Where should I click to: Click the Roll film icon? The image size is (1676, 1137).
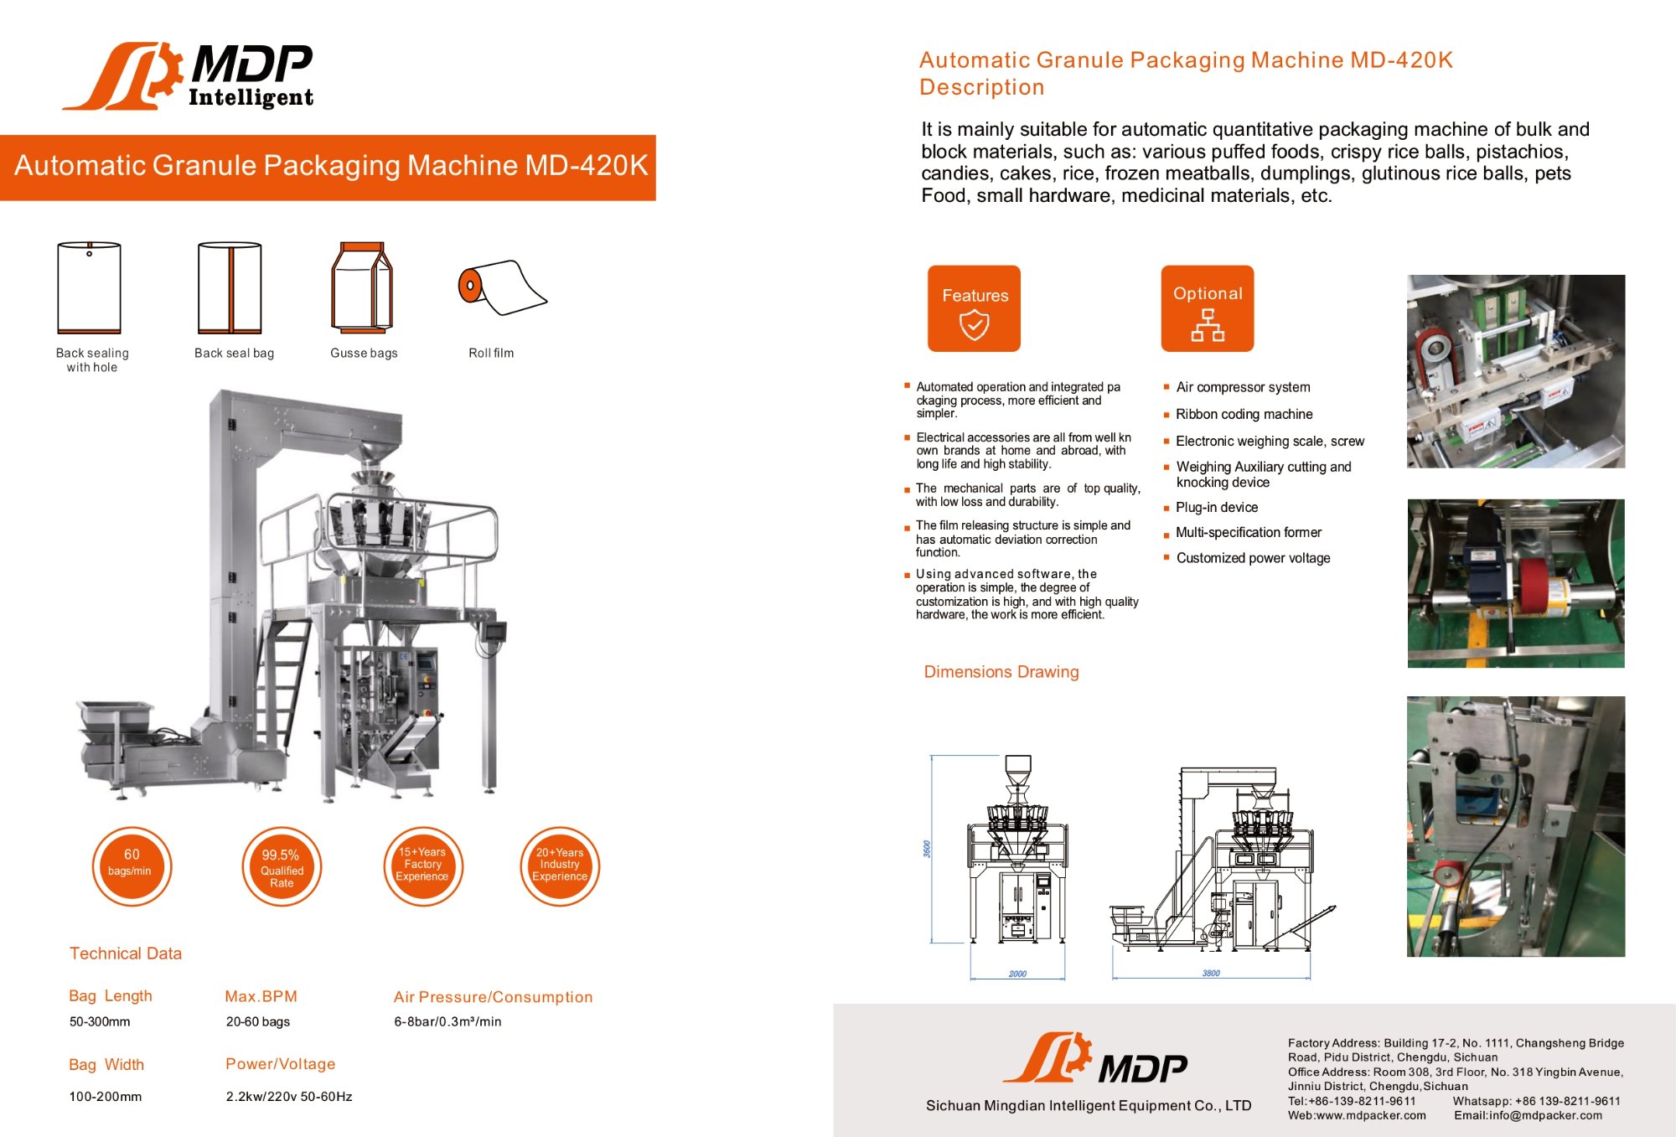coord(501,287)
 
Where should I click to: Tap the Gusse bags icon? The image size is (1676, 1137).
coord(362,287)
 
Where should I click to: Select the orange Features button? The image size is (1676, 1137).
coord(974,308)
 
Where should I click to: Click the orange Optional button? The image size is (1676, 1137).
coord(1207,308)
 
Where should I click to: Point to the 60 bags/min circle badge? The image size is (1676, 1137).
coord(132,866)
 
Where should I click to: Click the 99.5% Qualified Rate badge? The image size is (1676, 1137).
coord(282,867)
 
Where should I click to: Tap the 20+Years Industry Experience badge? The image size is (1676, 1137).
coord(560,866)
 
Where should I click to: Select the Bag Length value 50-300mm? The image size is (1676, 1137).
coord(100,1021)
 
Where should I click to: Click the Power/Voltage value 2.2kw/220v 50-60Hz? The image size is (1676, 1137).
coord(289,1096)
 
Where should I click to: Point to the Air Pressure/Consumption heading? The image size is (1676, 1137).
coord(493,997)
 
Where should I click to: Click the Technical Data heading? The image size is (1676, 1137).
coord(126,954)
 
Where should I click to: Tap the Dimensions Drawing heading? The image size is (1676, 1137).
coord(1001,672)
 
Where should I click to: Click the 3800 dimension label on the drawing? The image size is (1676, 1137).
coord(1211,973)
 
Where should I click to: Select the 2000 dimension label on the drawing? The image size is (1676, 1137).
coord(1017,974)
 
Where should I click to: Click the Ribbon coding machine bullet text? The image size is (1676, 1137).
coord(1244,414)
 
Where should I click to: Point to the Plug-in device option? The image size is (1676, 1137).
coord(1216,507)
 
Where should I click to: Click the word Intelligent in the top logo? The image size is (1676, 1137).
coord(251,97)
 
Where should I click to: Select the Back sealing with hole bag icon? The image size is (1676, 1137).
coord(90,287)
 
